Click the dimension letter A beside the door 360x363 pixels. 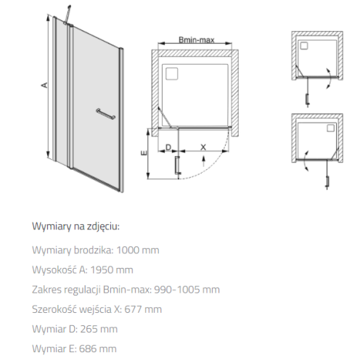pos(44,85)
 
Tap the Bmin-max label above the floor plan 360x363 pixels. pos(197,40)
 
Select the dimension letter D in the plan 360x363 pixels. pos(168,147)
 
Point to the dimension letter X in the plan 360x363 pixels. pos(203,147)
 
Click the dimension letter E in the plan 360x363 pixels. pos(144,153)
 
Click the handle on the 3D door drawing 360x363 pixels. pos(105,114)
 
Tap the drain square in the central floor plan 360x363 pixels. pos(172,73)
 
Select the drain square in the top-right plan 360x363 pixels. pos(304,46)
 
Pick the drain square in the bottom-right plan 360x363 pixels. pos(331,128)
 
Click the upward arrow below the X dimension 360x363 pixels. pos(203,161)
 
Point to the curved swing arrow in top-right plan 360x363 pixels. pos(329,78)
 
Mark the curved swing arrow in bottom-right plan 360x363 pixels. pos(306,160)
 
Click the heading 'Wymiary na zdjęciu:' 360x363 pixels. pos(75,227)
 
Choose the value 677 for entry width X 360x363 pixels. pos(133,309)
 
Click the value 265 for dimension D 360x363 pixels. pos(89,329)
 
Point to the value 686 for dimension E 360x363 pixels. pos(87,348)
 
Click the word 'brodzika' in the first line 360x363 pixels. pos(94,250)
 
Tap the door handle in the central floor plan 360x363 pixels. pos(177,166)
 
